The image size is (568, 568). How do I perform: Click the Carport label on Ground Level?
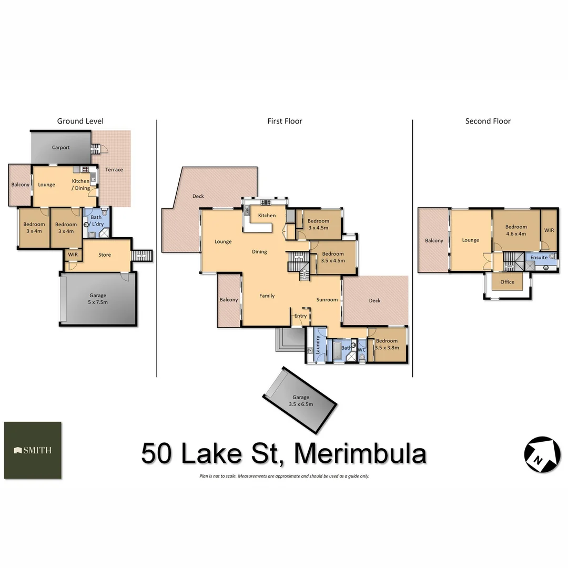click(60, 148)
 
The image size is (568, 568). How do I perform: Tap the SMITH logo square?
click(33, 450)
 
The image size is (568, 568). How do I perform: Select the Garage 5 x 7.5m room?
click(98, 299)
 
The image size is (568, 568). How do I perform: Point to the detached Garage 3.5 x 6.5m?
click(300, 400)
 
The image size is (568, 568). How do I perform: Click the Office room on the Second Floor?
click(507, 282)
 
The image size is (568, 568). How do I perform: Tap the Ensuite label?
click(538, 258)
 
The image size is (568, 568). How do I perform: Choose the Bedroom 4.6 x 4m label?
click(516, 230)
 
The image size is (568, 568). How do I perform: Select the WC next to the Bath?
click(361, 350)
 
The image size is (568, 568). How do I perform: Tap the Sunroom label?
click(327, 300)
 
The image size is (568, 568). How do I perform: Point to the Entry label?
click(300, 316)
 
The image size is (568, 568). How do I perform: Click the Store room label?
click(105, 255)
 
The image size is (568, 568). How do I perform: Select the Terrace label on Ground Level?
click(114, 169)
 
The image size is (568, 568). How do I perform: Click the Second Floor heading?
click(488, 121)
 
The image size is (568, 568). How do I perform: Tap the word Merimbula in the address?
click(360, 453)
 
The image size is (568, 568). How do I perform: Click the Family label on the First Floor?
click(267, 296)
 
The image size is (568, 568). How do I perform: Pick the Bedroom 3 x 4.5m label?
click(318, 224)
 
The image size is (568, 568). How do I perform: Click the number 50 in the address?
click(156, 453)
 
